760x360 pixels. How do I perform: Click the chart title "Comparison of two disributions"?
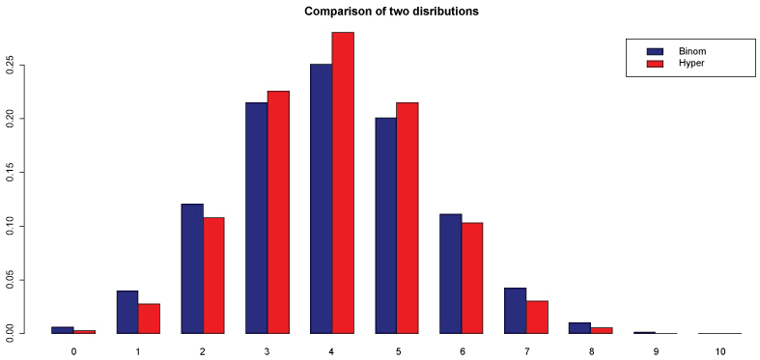coord(391,12)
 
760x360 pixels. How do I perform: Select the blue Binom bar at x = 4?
coord(321,199)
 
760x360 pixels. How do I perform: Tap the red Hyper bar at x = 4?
coord(343,183)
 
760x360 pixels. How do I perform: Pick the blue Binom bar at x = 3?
coord(257,218)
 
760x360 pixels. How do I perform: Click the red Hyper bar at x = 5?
coord(408,218)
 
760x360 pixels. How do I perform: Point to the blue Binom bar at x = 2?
coord(192,269)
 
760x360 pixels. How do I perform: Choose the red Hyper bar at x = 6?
coord(471,278)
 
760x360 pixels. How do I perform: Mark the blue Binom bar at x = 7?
coord(516,311)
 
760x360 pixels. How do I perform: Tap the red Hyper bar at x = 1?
coord(149,318)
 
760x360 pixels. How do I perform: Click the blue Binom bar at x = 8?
coord(579,328)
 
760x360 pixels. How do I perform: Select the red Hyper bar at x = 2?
coord(213,276)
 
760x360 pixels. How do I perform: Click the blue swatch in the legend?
coord(656,51)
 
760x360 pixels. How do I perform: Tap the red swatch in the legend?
coord(656,65)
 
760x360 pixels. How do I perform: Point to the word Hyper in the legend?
coord(689,65)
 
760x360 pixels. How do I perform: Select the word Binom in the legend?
coord(690,51)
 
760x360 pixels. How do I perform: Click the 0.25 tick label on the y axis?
coord(10,65)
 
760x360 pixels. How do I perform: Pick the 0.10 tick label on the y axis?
coord(10,226)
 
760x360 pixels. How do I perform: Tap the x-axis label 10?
coord(720,350)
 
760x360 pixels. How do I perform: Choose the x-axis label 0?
coord(73,350)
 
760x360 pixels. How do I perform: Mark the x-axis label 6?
coord(462,350)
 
